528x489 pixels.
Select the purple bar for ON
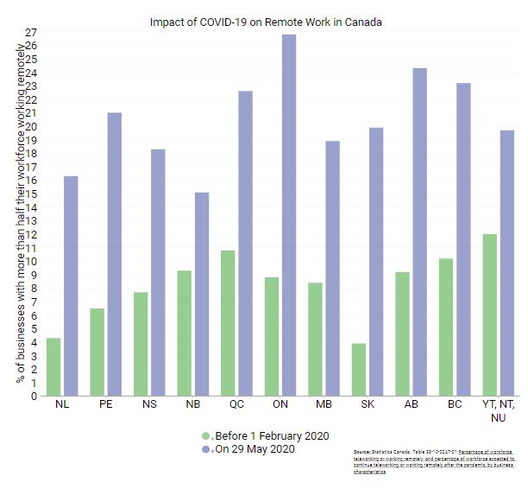click(x=288, y=215)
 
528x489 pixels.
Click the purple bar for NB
click(x=201, y=294)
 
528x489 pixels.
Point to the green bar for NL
click(x=53, y=367)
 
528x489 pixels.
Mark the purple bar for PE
click(x=114, y=254)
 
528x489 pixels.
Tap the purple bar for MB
click(x=332, y=268)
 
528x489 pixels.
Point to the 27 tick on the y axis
click(x=32, y=32)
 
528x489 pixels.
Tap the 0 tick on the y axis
click(x=35, y=396)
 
